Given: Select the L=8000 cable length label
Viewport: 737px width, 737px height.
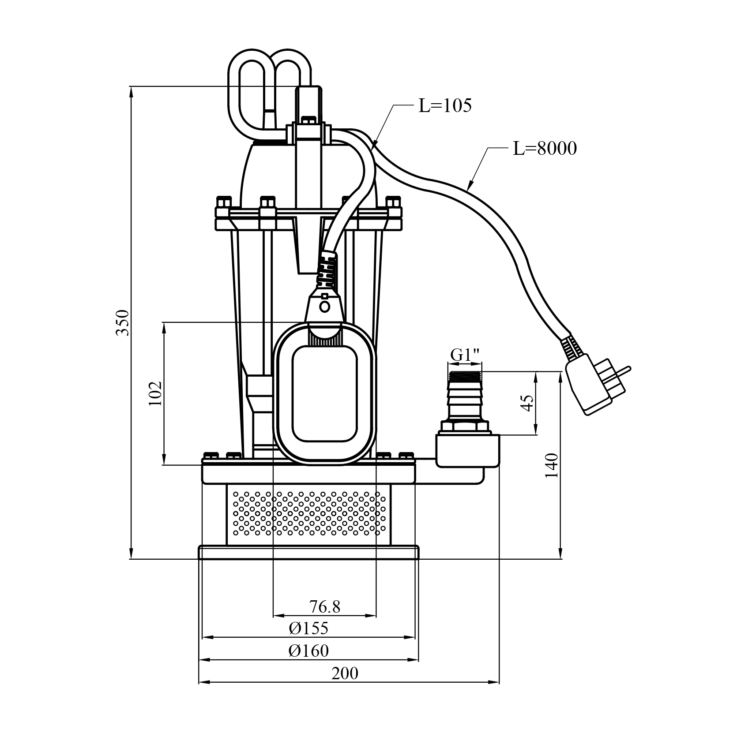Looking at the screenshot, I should point(545,149).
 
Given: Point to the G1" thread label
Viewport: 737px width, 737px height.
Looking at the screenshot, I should point(465,355).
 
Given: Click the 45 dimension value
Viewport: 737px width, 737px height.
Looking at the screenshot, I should point(528,402).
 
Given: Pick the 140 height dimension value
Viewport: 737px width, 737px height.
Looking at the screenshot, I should point(552,465).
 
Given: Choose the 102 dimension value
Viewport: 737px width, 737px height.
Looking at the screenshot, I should point(155,393).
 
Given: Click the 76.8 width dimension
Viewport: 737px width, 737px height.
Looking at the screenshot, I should point(325,607).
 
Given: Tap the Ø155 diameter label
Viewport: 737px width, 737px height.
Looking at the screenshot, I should point(309,628).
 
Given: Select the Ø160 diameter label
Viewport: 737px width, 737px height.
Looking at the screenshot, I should point(309,651).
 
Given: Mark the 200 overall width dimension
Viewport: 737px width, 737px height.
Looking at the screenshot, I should point(345,673).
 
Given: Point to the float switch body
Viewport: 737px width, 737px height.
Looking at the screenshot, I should point(325,393).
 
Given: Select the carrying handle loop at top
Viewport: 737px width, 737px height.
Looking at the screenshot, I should point(269,88).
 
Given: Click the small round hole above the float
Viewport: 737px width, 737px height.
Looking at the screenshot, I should point(325,306).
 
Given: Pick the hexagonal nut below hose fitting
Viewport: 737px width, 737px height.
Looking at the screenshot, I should point(465,426).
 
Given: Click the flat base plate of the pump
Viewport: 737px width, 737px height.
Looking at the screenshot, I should point(308,552).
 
